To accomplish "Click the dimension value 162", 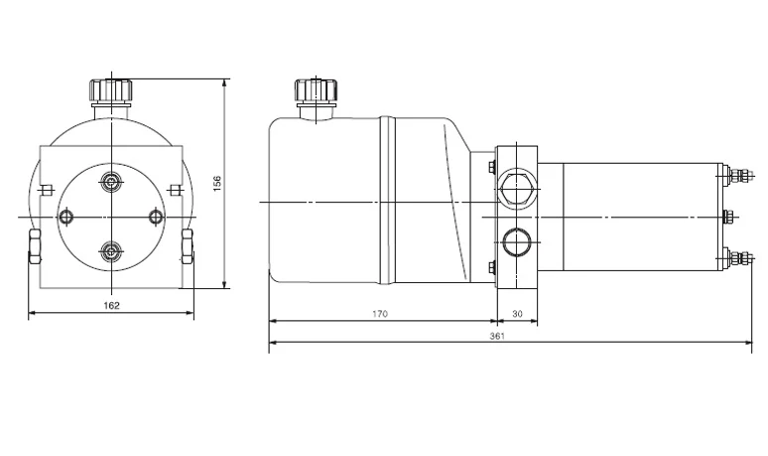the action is (112, 305).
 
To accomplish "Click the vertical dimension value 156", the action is (217, 184).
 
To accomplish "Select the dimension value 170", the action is (380, 314).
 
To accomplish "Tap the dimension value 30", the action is (517, 314).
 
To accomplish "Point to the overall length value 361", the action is (497, 336).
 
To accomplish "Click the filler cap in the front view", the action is (111, 91).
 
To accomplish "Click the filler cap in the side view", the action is (317, 91).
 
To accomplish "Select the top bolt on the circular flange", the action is (112, 183).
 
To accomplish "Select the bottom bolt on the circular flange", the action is (112, 252).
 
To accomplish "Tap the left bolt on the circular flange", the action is (65, 217).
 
